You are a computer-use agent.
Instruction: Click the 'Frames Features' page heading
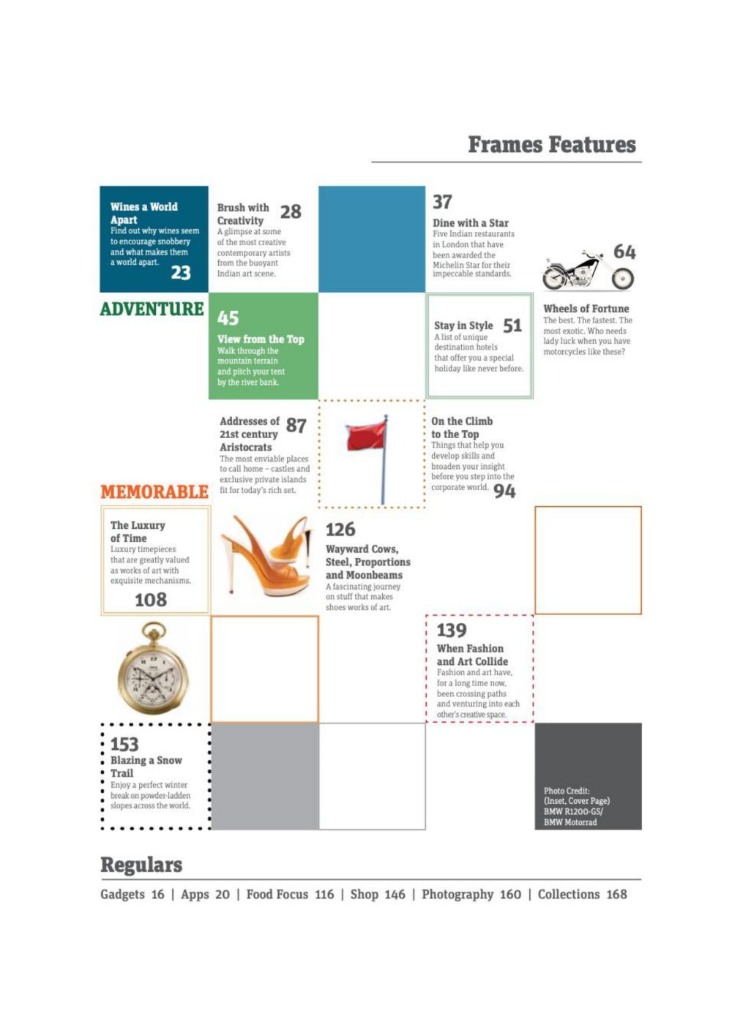(552, 145)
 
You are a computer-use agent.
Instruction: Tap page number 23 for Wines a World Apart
(181, 273)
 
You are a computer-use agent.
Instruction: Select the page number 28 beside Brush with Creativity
(291, 211)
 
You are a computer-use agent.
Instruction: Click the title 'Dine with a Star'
(470, 222)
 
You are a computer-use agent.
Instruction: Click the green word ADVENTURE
(152, 309)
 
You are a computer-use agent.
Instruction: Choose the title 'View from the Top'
(261, 339)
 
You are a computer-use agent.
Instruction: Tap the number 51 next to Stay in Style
(512, 325)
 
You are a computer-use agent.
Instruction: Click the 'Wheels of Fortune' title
(586, 309)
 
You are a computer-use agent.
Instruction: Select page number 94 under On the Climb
(504, 492)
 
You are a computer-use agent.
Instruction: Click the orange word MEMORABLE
(154, 492)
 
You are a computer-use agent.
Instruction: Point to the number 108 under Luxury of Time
(151, 600)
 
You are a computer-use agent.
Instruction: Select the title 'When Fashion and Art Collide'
(472, 655)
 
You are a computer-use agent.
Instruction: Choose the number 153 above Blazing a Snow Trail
(124, 744)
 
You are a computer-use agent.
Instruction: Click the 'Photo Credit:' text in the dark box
(567, 791)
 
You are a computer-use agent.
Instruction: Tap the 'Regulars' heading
(141, 865)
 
